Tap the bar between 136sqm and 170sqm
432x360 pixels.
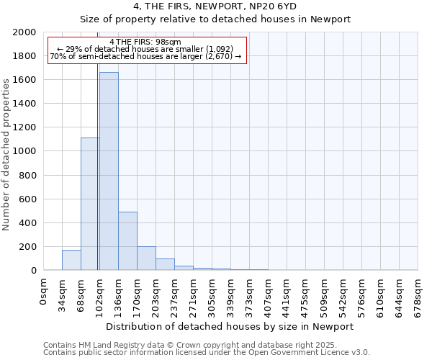click(127, 241)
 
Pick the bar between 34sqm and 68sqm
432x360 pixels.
click(71, 260)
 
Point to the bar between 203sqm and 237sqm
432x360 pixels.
click(165, 264)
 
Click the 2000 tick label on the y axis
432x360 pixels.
click(24, 32)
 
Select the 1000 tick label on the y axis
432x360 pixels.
click(24, 151)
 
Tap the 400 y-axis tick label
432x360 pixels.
click(27, 222)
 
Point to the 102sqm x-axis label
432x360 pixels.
click(100, 294)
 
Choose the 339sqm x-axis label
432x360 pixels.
click(231, 294)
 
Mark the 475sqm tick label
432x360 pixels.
click(306, 294)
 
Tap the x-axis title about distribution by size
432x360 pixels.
click(230, 326)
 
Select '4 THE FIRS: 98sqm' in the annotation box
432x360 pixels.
click(146, 42)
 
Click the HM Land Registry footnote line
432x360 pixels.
click(194, 345)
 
